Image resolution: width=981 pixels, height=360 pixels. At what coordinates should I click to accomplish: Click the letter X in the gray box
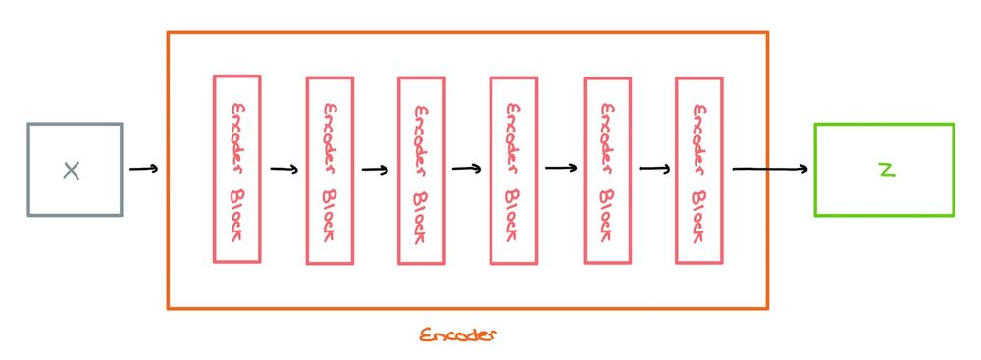[x=71, y=171]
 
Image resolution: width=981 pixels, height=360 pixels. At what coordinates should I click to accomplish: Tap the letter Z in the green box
[x=887, y=169]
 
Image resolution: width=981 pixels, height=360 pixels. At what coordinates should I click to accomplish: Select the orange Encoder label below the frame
[x=459, y=334]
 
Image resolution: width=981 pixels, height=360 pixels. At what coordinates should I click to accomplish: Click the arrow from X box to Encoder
[x=143, y=169]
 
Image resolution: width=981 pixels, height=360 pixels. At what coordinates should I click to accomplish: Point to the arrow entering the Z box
[x=771, y=169]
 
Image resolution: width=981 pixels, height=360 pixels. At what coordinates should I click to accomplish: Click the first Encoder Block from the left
[x=236, y=169]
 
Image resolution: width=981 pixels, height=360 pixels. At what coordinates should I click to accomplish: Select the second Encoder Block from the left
[x=330, y=171]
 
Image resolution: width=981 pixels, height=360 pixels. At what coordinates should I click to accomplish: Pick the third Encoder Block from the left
[x=422, y=171]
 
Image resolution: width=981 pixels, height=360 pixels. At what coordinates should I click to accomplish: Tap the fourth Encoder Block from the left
[x=513, y=171]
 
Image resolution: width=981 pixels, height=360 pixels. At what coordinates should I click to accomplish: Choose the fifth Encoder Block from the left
[x=607, y=171]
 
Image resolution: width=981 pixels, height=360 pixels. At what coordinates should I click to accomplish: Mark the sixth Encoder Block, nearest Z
[x=699, y=171]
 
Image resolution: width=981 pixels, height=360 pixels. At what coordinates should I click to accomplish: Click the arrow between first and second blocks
[x=284, y=169]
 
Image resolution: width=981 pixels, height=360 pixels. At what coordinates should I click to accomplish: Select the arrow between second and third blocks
[x=375, y=169]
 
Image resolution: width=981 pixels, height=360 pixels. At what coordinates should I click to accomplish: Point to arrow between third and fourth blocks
[x=467, y=168]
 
